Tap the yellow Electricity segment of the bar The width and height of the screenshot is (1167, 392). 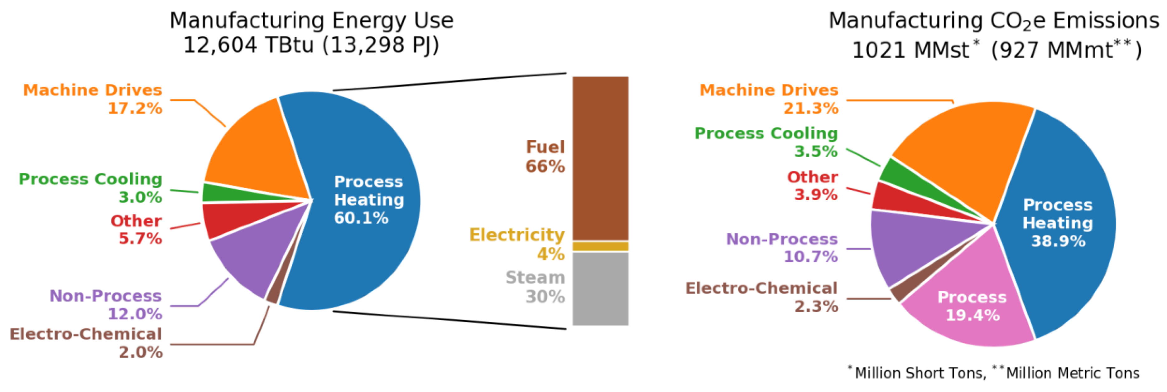tap(600, 246)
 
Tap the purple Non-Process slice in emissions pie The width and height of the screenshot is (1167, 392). tap(910, 245)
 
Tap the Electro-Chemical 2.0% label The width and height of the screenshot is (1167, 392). tap(86, 343)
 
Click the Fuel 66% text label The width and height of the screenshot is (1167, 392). tap(545, 156)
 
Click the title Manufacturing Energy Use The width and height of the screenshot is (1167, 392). tap(311, 20)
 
